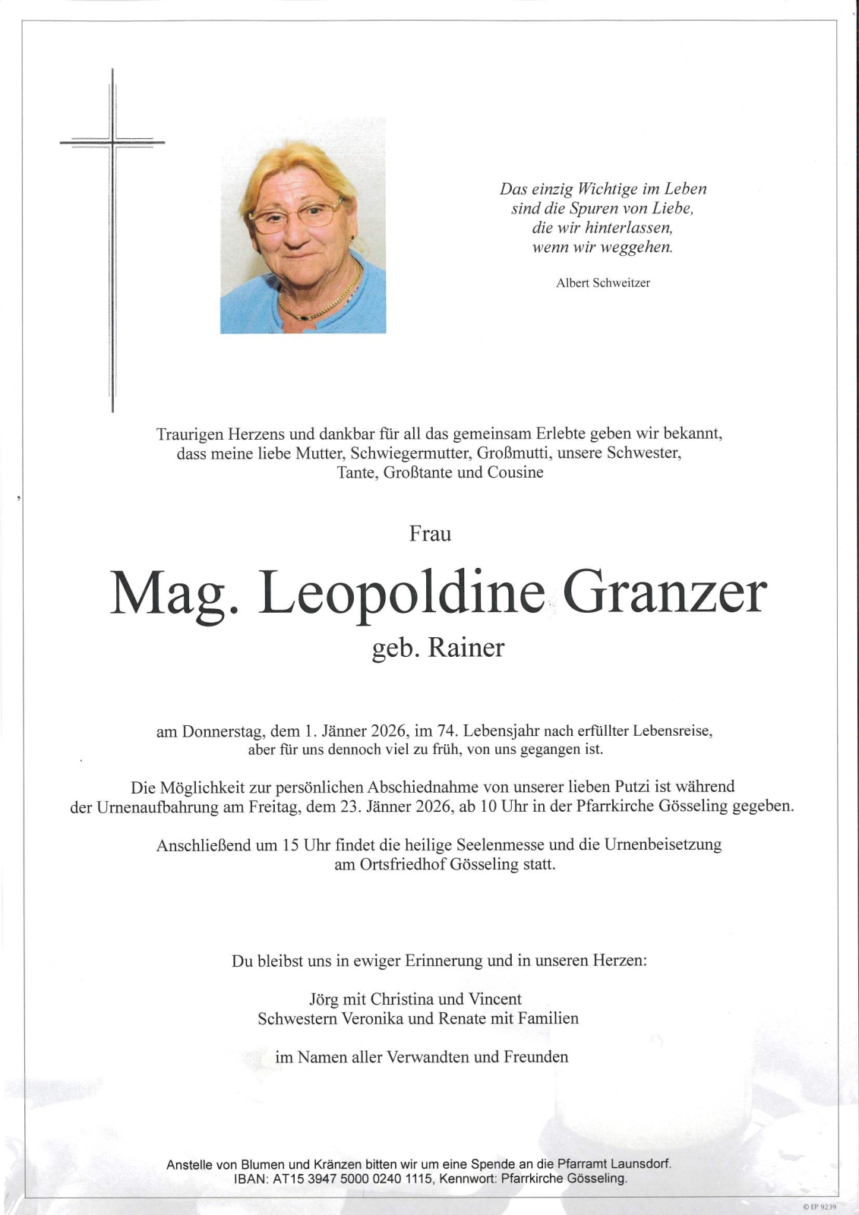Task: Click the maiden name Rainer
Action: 466,649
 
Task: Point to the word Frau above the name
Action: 430,534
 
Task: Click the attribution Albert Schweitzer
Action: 603,283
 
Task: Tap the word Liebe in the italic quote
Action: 668,208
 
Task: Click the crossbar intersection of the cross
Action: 112,142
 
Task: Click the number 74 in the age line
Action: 445,732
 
